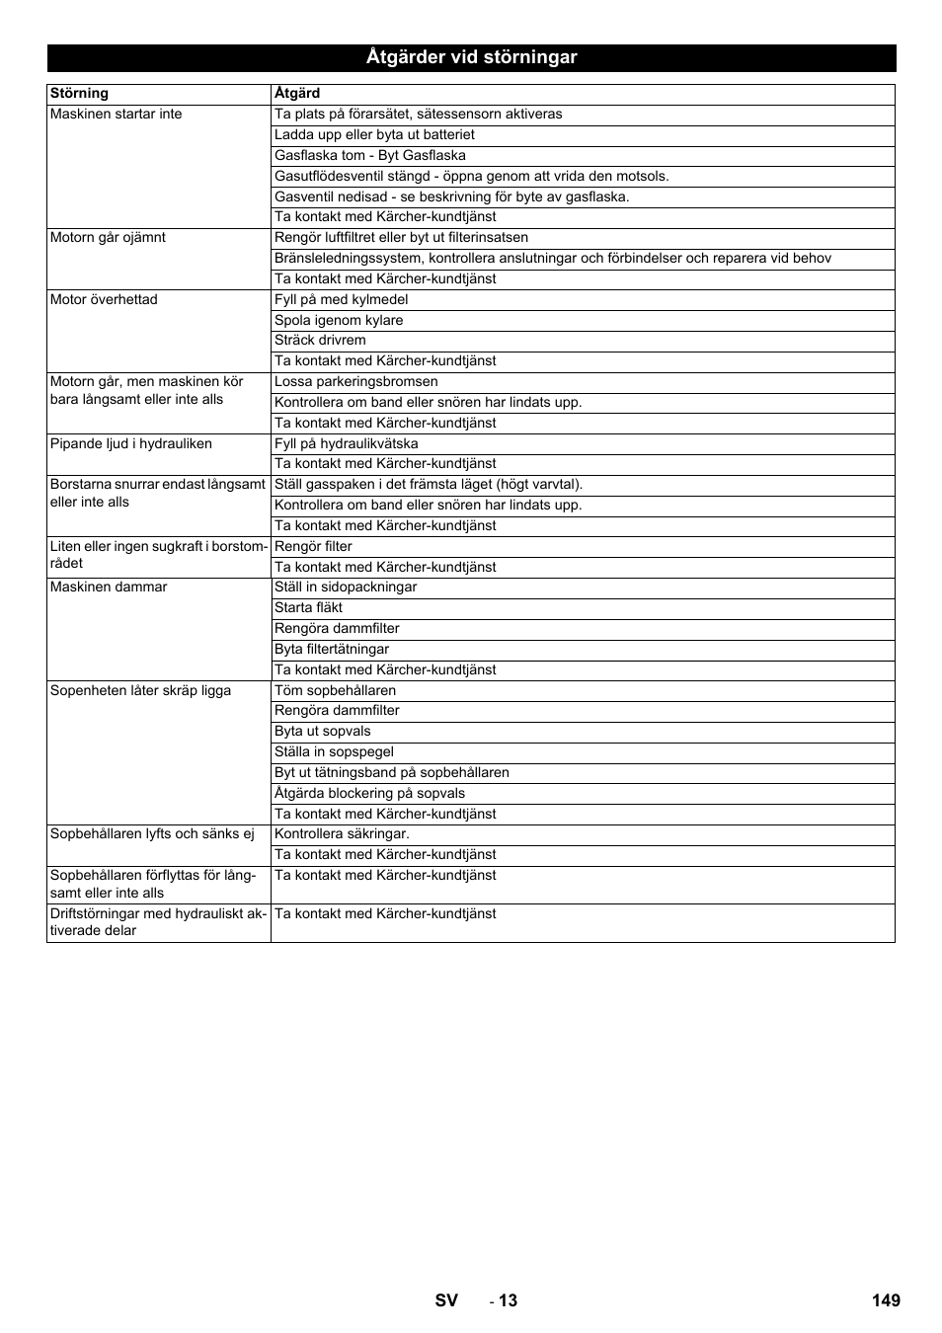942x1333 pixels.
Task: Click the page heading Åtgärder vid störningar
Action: (471, 57)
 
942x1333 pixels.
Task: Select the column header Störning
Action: (79, 94)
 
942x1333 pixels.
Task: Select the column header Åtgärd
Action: (297, 94)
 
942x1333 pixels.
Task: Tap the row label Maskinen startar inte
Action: (116, 115)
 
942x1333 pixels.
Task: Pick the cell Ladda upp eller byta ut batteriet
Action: (374, 135)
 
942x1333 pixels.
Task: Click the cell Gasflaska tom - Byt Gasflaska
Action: (370, 156)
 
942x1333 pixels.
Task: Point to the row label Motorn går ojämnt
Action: (108, 238)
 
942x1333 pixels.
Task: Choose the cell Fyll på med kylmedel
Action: (341, 300)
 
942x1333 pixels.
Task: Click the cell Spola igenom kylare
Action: (339, 321)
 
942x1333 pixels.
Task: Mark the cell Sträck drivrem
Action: (320, 341)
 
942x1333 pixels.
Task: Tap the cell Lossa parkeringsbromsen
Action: (356, 382)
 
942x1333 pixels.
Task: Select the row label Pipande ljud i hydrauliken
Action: (130, 444)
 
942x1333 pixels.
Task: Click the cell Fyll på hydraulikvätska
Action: (347, 444)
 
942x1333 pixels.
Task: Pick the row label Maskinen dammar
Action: (109, 588)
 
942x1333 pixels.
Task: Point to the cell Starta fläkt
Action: (308, 608)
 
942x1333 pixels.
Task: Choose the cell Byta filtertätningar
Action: (332, 650)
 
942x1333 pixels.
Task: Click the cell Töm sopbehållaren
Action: (335, 691)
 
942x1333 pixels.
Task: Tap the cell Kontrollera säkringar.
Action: (342, 834)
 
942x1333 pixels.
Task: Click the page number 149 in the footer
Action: (886, 1300)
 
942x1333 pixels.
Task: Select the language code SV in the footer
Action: (446, 1300)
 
